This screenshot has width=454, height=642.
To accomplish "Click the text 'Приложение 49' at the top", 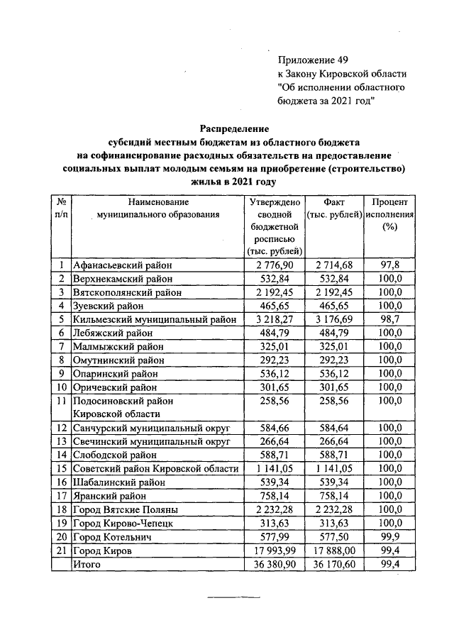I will [x=313, y=60].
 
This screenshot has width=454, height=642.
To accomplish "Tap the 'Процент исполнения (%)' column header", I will [x=389, y=214].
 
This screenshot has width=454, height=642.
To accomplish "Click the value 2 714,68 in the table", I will [x=333, y=265].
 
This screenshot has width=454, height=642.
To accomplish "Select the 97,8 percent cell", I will [x=389, y=265].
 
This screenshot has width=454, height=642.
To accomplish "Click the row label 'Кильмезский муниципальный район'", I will [x=154, y=319].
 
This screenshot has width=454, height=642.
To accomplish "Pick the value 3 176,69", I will [x=333, y=319].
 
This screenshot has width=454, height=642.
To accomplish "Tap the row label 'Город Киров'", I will [x=103, y=550].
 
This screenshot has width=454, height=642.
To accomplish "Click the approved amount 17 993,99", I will [x=275, y=550].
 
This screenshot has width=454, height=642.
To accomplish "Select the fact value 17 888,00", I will [x=333, y=550].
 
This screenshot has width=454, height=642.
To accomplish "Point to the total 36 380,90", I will [x=275, y=564].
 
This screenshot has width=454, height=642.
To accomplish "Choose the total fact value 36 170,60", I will [x=333, y=564].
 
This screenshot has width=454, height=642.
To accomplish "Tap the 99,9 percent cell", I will [x=389, y=536].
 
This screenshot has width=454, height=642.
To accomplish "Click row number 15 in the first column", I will [x=62, y=468].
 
